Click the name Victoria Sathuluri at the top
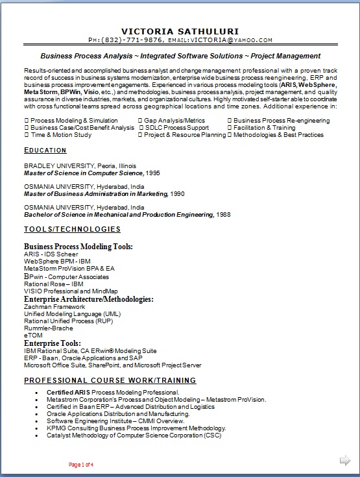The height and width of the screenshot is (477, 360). pos(180,31)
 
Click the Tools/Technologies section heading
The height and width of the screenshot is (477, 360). pos(72,229)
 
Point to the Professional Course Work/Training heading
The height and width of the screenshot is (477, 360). pos(110,380)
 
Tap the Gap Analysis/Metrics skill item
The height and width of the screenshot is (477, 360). pos(174,121)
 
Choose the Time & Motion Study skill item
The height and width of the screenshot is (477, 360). pos(61,135)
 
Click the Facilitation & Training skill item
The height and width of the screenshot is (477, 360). pos(264,128)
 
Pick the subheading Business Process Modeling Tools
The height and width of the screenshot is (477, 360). pos(78,247)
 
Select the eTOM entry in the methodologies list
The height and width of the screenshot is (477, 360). pos(33,336)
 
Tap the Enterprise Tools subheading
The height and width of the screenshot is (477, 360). pos(53,343)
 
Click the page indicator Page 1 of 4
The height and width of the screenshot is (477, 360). pos(81,465)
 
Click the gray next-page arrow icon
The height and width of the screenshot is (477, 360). pos(345,461)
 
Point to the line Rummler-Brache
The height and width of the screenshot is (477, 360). pos(49,328)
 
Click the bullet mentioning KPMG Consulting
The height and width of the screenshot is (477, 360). pos(136,428)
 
